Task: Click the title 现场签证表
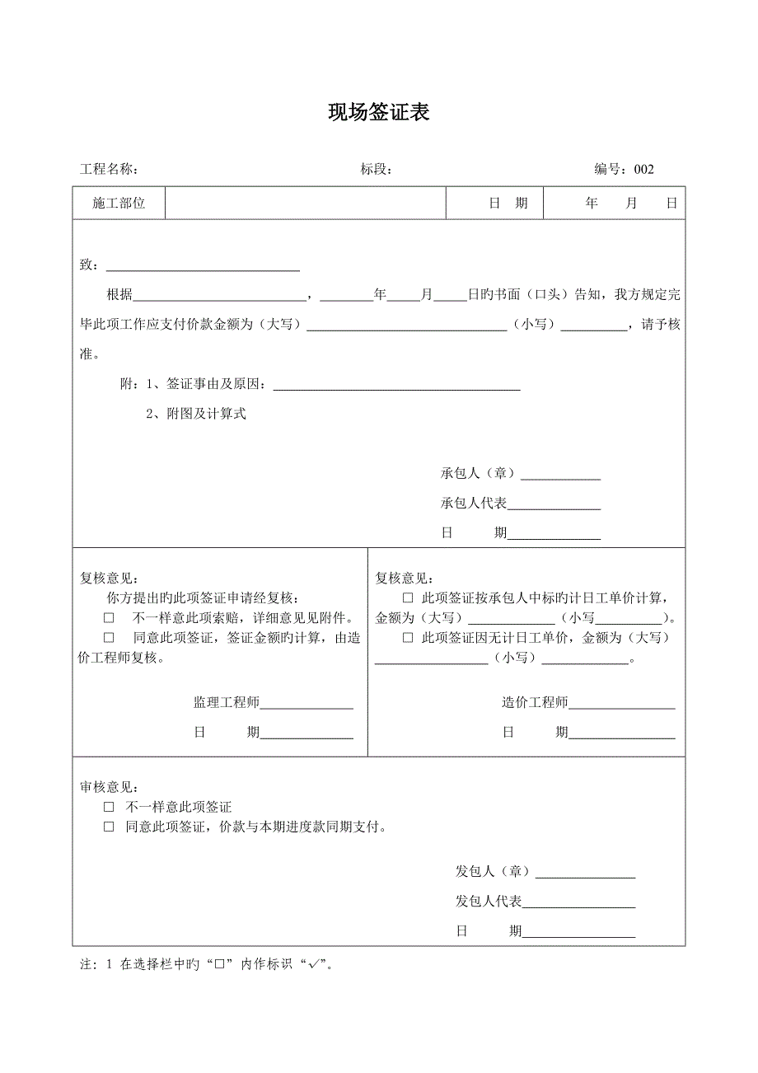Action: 379,113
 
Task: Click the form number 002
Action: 643,170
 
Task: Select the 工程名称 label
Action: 108,170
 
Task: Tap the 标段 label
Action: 376,170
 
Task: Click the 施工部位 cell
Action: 119,203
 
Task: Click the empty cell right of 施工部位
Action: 306,203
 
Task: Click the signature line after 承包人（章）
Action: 561,477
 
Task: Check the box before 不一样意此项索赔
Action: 109,617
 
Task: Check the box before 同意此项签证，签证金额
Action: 109,638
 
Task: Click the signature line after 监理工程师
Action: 306,706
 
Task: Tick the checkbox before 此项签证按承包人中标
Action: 407,598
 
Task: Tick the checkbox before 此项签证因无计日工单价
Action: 407,638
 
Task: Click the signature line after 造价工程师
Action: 621,706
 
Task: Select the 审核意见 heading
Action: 109,788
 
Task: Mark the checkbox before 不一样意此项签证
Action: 109,808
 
